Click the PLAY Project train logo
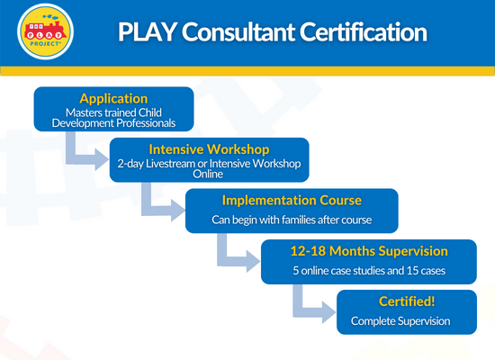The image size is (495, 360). pyautogui.click(x=46, y=31)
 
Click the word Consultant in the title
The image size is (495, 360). pyautogui.click(x=238, y=31)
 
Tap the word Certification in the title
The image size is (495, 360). pyautogui.click(x=363, y=31)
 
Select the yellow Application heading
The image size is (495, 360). pyautogui.click(x=113, y=98)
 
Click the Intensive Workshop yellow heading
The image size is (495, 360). pyautogui.click(x=209, y=149)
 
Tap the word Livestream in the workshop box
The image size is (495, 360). pyautogui.click(x=170, y=164)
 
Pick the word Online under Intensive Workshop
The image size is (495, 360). pyautogui.click(x=208, y=174)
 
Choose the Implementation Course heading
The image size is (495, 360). pyautogui.click(x=292, y=200)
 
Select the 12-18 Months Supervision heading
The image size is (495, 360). pyautogui.click(x=369, y=251)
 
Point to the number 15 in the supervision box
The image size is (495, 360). pyautogui.click(x=412, y=271)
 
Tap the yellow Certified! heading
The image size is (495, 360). pyautogui.click(x=407, y=301)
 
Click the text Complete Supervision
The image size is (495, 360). pyautogui.click(x=400, y=321)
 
